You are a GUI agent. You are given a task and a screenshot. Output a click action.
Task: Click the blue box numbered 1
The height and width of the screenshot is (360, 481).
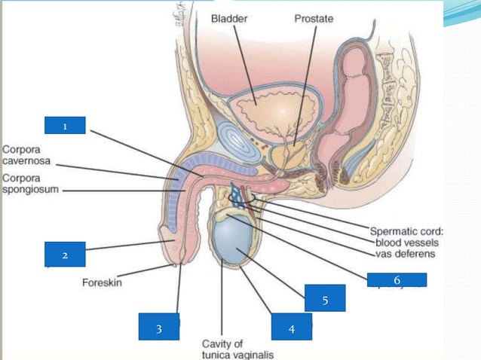65,126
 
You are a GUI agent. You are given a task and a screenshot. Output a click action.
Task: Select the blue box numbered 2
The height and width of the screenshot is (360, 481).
65,255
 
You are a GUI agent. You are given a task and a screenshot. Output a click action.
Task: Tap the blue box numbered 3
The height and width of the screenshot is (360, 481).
159,328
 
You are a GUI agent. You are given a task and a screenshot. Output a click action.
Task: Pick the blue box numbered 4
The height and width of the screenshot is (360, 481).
291,328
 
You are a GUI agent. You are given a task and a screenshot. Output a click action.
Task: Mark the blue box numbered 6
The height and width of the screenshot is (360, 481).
397,279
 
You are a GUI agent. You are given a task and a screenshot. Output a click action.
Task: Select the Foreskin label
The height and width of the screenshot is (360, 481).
102,284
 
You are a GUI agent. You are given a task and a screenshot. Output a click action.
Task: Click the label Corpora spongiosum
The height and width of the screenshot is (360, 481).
29,185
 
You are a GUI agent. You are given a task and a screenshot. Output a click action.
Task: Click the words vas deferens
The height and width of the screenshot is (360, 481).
408,255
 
